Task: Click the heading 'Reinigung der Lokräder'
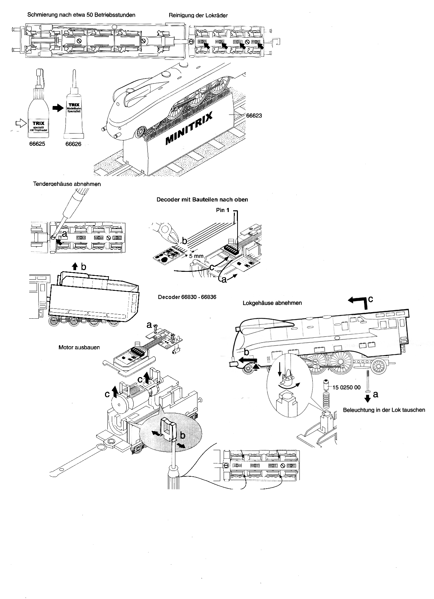pyautogui.click(x=198, y=16)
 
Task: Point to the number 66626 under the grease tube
pyautogui.click(x=73, y=144)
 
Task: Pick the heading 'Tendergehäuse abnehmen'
pyautogui.click(x=67, y=184)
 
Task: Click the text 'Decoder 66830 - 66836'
pyautogui.click(x=187, y=297)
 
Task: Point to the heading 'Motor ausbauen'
pyautogui.click(x=79, y=348)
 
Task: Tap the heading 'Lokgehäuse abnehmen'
pyautogui.click(x=272, y=303)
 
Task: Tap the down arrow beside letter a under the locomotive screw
pyautogui.click(x=367, y=398)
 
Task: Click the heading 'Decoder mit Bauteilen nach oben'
pyautogui.click(x=202, y=199)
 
